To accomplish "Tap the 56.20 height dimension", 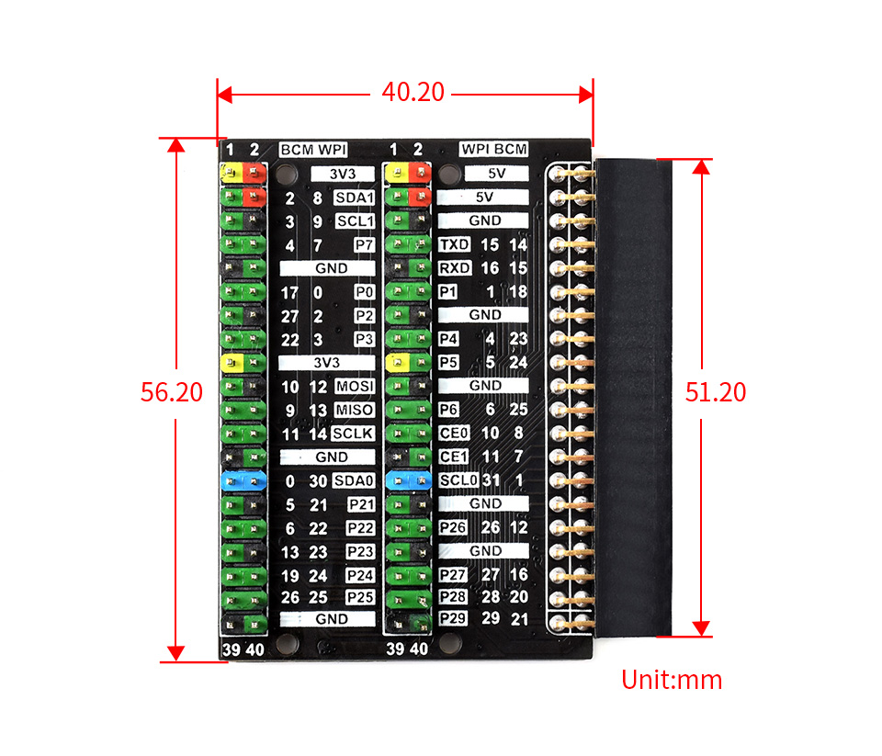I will tap(171, 392).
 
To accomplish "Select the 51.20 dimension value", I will tap(716, 392).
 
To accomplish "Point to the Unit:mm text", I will tap(672, 681).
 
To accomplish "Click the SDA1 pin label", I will tap(355, 197).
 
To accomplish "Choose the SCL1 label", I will tap(355, 221).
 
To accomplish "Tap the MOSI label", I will tap(355, 387).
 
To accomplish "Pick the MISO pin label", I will tap(355, 411).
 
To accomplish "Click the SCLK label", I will tap(353, 434).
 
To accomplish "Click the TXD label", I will tap(454, 244).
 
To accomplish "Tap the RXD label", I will tap(454, 268).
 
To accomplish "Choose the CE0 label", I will tap(453, 433).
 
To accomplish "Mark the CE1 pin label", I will tap(453, 457).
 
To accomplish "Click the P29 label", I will tap(453, 619).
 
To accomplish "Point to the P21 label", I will tap(360, 504).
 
